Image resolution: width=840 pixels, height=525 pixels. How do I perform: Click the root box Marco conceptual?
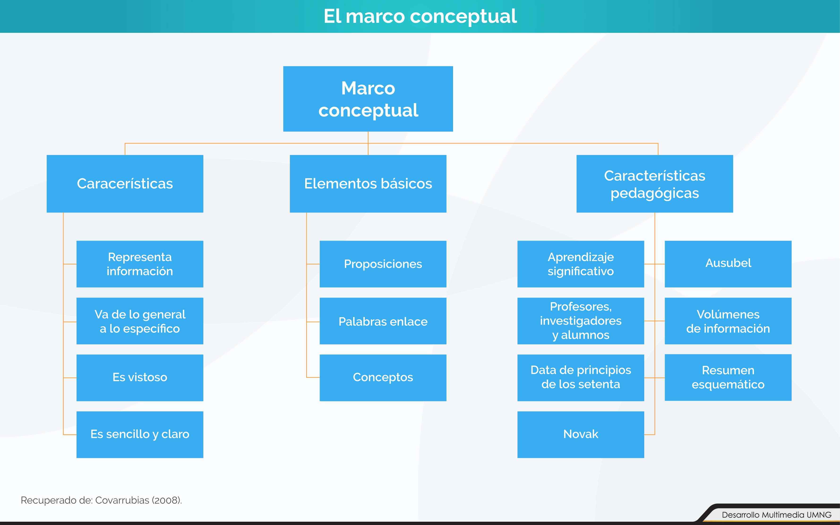click(368, 99)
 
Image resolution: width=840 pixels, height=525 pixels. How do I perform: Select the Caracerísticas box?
click(125, 184)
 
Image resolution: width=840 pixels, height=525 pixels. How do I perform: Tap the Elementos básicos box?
click(368, 184)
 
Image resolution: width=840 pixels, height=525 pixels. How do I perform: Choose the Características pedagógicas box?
click(655, 184)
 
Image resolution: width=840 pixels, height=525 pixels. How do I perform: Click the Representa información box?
click(140, 264)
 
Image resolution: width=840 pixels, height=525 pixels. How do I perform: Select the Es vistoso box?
click(140, 378)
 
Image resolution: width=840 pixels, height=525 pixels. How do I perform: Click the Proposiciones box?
click(383, 264)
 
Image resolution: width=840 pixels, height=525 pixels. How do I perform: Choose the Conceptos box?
click(383, 378)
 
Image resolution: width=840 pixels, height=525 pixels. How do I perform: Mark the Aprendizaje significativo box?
click(581, 264)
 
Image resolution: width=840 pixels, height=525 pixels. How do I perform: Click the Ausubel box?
click(728, 264)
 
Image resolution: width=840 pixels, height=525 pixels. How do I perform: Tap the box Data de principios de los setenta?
click(581, 378)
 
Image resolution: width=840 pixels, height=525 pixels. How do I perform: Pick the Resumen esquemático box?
click(728, 377)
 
